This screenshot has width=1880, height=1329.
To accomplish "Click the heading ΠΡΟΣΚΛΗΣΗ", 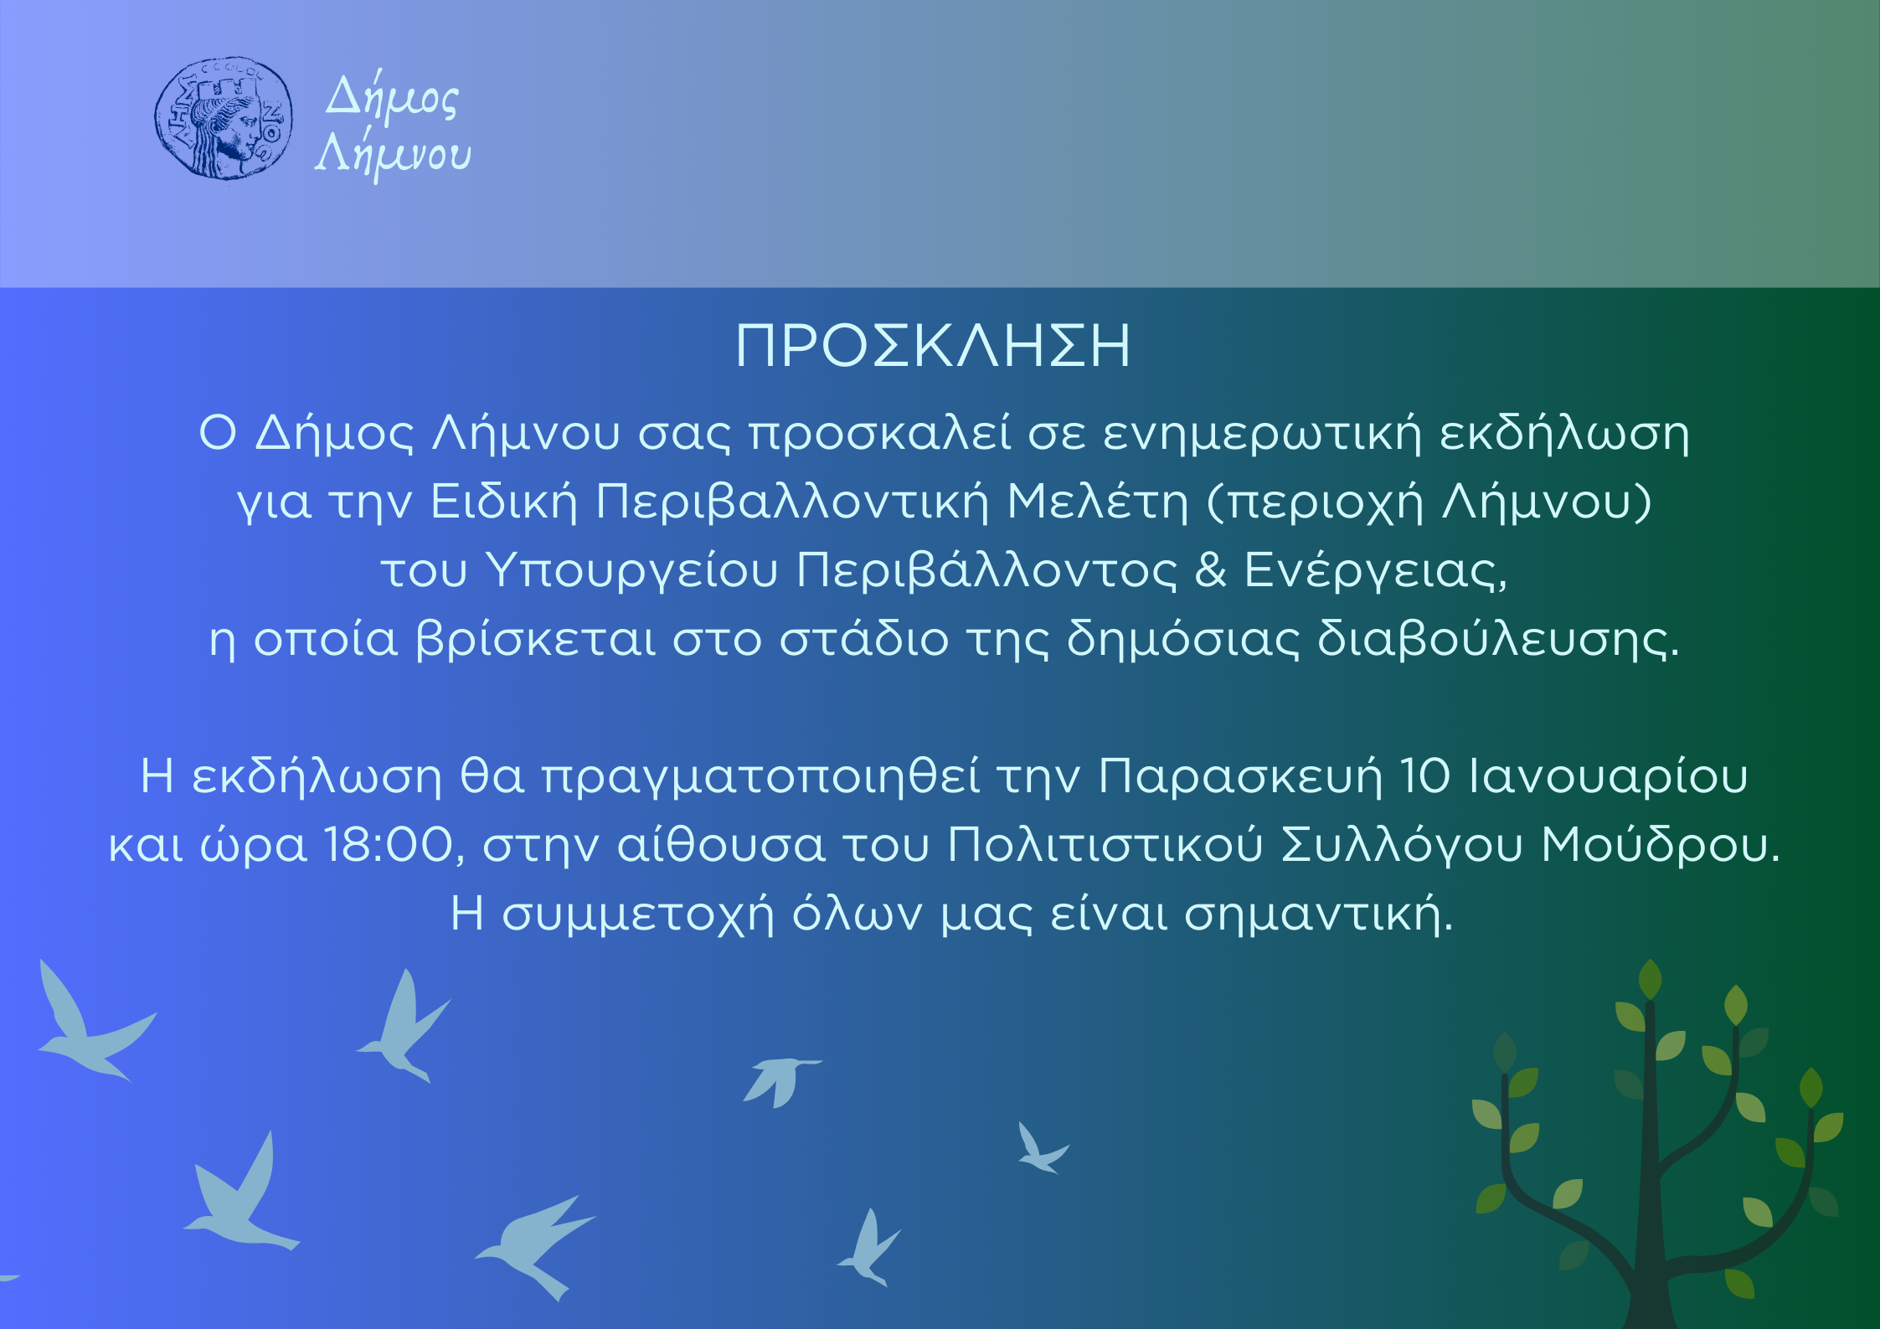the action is (933, 346).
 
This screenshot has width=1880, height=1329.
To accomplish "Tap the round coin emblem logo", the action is (224, 118).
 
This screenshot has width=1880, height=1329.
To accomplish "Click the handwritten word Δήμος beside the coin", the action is (392, 99).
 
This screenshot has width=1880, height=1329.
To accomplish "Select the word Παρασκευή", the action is (1239, 776).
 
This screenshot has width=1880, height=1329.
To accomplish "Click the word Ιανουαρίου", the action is (1609, 776).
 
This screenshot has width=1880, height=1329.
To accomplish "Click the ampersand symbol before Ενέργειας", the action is (1210, 570).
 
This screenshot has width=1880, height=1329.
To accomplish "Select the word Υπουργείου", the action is (632, 571).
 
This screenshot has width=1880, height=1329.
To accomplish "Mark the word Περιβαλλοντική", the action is (792, 501).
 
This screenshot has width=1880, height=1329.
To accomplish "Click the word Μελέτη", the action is (1097, 501).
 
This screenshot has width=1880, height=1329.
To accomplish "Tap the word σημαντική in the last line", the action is (1318, 914).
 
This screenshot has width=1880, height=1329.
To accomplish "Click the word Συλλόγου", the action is (1402, 846).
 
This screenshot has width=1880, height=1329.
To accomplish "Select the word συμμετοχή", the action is (637, 915).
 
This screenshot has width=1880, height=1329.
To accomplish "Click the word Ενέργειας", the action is (1376, 571).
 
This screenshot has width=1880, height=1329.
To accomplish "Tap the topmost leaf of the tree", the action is (1650, 979).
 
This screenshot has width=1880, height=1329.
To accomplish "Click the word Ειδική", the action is (504, 501).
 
